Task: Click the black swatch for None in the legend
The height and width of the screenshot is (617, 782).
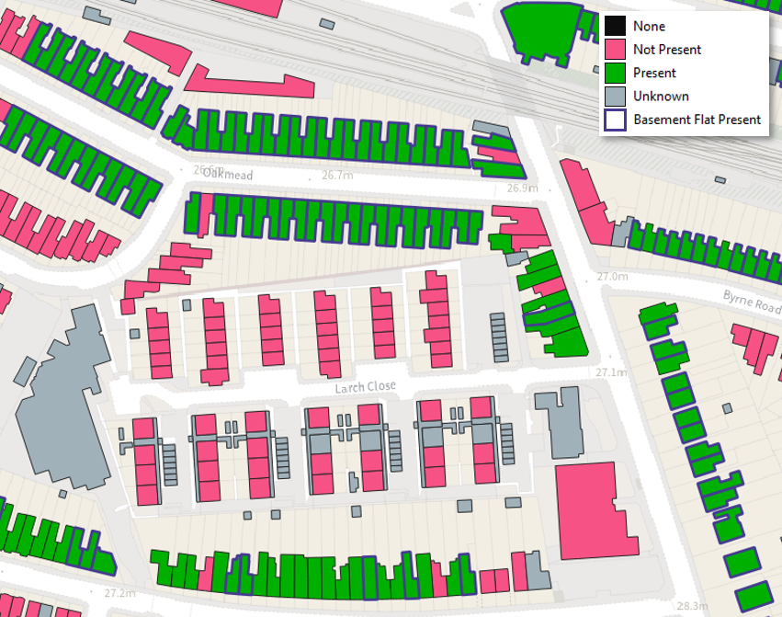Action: (616, 27)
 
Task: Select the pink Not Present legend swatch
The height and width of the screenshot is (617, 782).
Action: (616, 50)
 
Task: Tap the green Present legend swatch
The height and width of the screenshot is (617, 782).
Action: (616, 73)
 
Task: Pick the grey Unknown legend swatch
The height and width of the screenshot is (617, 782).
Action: (616, 96)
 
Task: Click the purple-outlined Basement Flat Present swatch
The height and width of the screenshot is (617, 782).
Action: (616, 120)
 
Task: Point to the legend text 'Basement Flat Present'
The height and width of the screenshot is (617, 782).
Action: (697, 120)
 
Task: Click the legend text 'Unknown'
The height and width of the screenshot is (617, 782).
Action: (661, 96)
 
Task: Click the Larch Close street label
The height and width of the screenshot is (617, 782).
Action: (365, 387)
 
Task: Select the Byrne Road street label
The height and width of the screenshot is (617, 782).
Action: (751, 303)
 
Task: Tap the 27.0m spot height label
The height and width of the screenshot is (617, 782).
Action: (611, 276)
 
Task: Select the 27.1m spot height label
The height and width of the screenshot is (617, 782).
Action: (608, 372)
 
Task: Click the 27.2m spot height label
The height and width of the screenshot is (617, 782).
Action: (119, 593)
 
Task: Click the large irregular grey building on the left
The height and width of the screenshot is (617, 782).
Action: (64, 405)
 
